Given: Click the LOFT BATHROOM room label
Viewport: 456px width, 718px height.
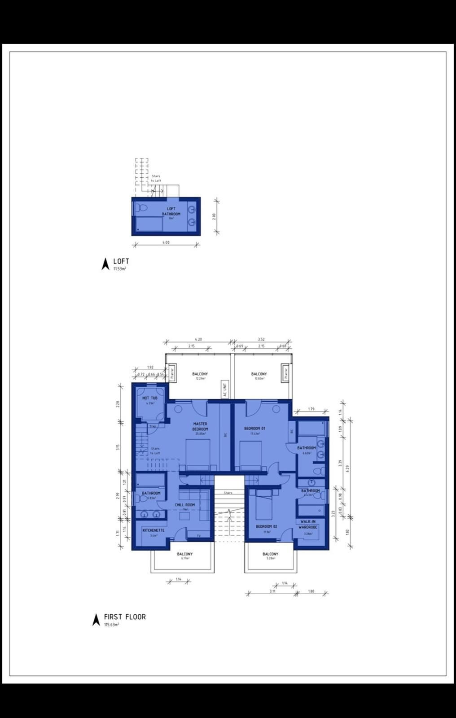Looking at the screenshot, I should point(171,211).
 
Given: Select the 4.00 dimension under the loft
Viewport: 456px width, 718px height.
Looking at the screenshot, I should point(166,243).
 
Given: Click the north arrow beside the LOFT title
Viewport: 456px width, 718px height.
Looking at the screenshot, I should point(105,264).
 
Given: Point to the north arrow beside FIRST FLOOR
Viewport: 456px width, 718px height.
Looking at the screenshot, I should point(96,620).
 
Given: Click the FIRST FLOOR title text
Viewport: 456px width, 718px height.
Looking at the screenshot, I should point(125,617).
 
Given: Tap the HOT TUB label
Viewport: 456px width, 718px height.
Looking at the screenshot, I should point(149,398).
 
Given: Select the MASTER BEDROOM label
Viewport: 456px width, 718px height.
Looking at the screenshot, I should point(200,426).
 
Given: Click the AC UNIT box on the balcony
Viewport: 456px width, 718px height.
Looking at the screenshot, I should point(225,389).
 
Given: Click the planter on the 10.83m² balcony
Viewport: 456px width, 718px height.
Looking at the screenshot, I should point(284,373).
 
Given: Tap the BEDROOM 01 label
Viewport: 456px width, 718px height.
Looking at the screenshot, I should point(254,429).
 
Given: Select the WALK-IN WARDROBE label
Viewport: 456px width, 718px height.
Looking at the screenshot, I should point(308,525).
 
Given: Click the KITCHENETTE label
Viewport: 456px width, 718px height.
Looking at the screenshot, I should point(153,530).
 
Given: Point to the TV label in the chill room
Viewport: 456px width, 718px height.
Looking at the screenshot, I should point(198,536).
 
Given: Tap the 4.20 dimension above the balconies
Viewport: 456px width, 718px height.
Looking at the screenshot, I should point(198,339).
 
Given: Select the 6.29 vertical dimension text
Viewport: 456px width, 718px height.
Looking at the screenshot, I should point(347,468).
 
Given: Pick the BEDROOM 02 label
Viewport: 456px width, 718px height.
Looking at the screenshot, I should point(267,526).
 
